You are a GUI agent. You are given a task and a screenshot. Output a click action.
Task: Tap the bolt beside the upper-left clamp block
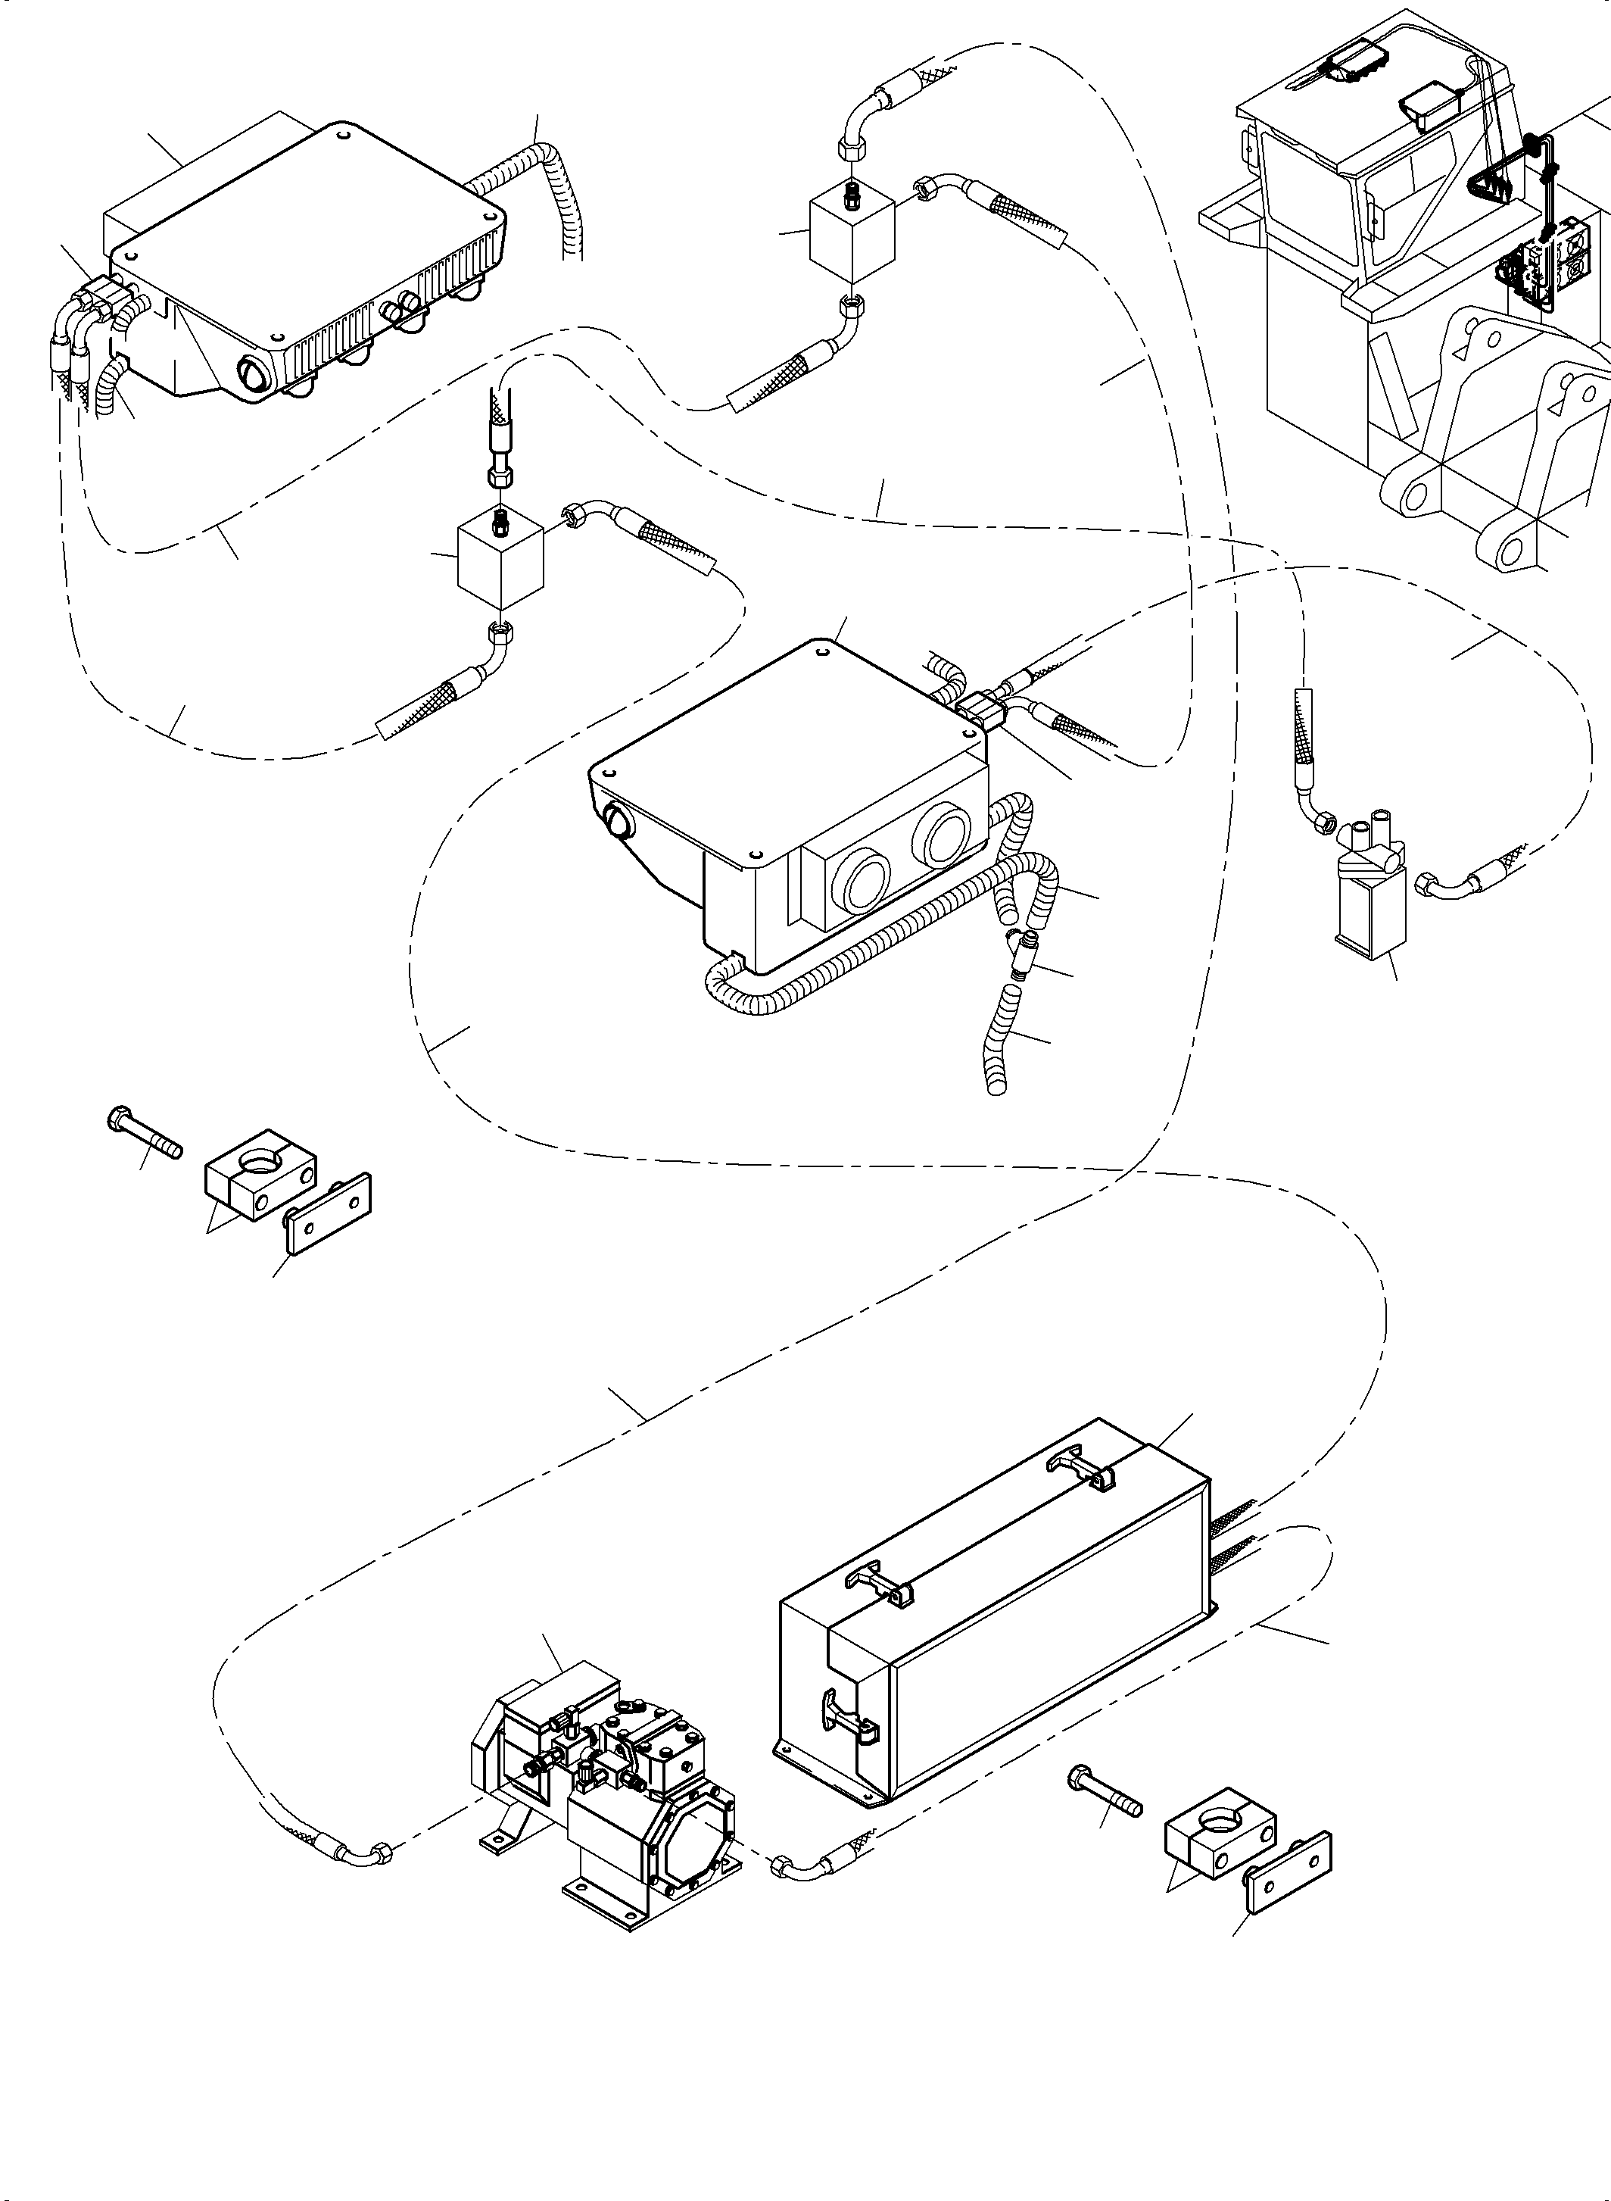coord(145,1135)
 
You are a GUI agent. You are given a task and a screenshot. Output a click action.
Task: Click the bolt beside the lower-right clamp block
coord(1106,1795)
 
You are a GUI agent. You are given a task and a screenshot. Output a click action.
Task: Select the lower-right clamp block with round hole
coord(1219,1838)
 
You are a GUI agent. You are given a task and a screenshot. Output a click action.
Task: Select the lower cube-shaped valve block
coord(500,562)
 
